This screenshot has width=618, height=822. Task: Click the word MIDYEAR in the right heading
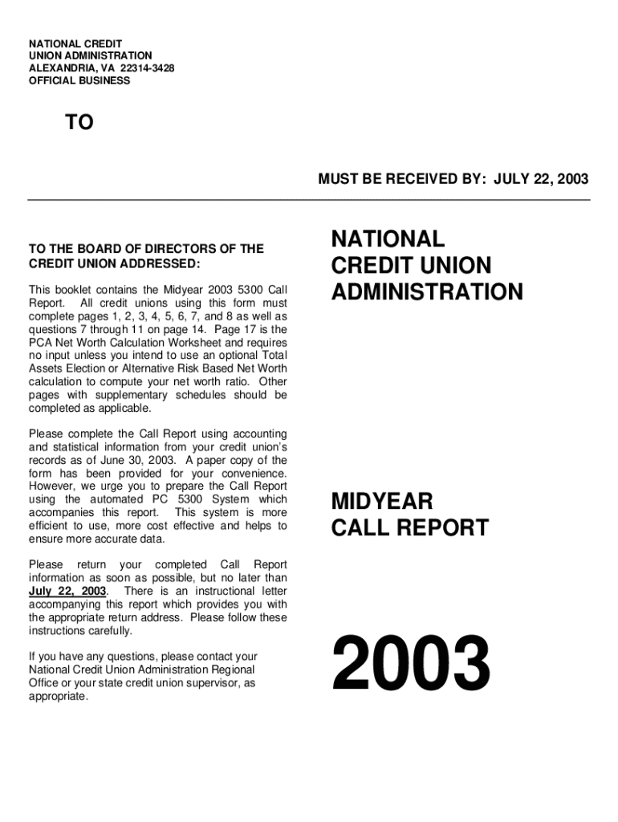point(382,502)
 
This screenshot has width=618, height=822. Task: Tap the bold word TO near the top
point(79,123)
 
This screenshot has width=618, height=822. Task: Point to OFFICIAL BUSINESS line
point(79,81)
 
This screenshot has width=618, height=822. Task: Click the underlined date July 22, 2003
point(67,591)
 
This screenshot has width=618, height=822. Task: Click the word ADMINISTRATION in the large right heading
point(427,291)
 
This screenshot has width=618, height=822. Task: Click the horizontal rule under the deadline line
point(309,200)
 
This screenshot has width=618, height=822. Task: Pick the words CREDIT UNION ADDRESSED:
point(114,264)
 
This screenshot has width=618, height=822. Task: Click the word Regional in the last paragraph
point(226,669)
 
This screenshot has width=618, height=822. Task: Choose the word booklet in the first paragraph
point(75,290)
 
